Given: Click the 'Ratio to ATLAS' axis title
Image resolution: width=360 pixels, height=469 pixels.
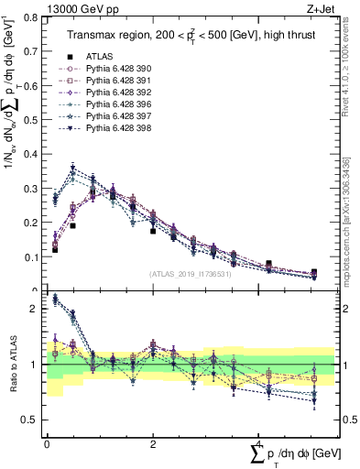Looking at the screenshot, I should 13,365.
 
